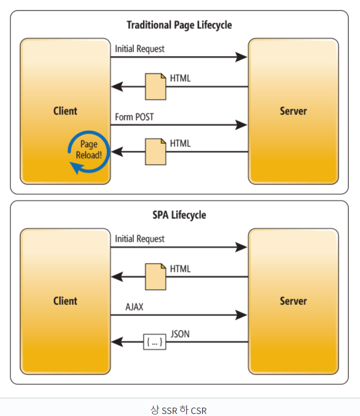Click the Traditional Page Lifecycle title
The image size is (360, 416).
(x=179, y=25)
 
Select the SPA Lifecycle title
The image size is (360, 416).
(x=179, y=214)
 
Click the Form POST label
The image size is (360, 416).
(x=134, y=117)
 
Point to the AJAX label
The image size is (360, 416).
(x=135, y=307)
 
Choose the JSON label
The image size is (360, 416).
(x=179, y=334)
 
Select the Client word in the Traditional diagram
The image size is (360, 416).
(x=65, y=111)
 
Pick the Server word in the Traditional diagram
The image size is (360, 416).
(x=293, y=111)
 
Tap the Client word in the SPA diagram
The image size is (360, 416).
(x=65, y=301)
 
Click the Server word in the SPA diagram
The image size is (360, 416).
(x=293, y=301)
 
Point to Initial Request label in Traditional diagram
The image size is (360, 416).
(x=140, y=49)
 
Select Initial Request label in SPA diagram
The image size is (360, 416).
(x=140, y=239)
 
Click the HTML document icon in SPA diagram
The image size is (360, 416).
(x=155, y=277)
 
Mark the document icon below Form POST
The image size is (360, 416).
(x=155, y=151)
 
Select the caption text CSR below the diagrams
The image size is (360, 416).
(x=198, y=410)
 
